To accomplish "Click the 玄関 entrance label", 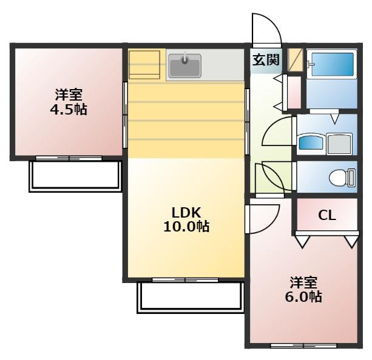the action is pos(265,59).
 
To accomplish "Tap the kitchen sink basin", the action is pos(185,66).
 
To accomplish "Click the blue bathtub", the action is pos(332,64).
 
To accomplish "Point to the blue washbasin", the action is pos(311,143).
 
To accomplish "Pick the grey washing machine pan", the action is pos(339,143).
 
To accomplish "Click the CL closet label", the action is pos(327,215).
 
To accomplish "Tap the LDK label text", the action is pos(186,213).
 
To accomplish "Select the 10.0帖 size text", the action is pos(186,226).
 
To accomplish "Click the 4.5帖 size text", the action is pos(69,110).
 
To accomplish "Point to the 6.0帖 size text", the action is pos(303,296).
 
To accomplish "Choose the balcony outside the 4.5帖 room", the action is pos(75,176).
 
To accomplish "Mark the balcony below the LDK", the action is pos(191,298).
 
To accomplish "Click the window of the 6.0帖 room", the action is pos(303,346).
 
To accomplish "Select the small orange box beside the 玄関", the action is pos(296,60).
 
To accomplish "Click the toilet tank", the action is pos(351,177).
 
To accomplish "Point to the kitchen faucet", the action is pos(185,59).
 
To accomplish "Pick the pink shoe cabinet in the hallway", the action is pos(294,93).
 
